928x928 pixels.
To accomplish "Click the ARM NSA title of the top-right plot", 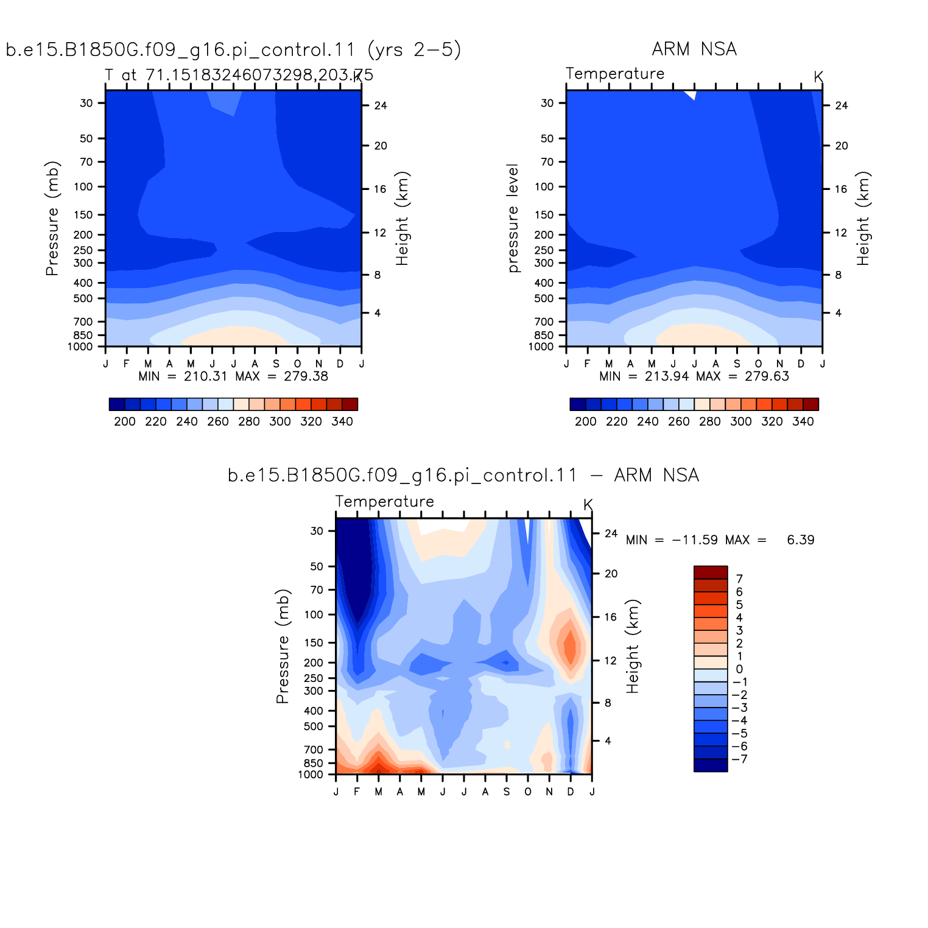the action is click(x=694, y=49).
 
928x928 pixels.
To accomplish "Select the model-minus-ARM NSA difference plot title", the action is click(x=463, y=475).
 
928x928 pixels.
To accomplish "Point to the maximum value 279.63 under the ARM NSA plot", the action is click(x=767, y=376).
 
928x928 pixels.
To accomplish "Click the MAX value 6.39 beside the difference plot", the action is click(x=801, y=540).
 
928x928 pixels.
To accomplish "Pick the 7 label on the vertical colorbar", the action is click(x=739, y=579).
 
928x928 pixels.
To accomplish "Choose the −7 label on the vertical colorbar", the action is click(x=740, y=759).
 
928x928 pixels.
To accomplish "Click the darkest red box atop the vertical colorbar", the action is click(x=711, y=572).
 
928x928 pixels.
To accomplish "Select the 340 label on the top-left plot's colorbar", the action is click(x=342, y=421).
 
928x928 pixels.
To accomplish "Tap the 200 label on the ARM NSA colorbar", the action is click(x=586, y=421).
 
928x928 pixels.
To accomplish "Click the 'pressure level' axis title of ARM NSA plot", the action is click(x=513, y=218).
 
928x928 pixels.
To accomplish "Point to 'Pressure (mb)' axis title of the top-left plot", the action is click(x=52, y=218).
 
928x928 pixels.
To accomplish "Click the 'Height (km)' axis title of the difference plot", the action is click(x=633, y=646).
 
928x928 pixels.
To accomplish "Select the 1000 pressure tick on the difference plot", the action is click(x=311, y=775).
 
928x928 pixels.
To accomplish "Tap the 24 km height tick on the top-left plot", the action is click(x=381, y=105).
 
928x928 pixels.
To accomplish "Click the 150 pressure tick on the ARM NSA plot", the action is click(x=544, y=214).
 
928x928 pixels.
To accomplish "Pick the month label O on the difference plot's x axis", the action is click(x=528, y=792).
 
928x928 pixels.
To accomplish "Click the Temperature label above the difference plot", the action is click(x=385, y=501).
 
